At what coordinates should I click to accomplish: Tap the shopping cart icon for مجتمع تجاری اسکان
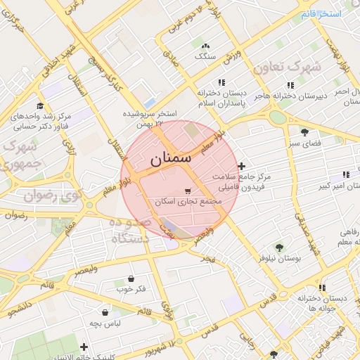click(187, 191)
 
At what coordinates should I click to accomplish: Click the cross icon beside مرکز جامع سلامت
click(242, 167)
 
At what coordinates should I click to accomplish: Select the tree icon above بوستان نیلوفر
click(279, 247)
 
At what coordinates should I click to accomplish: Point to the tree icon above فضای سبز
click(304, 131)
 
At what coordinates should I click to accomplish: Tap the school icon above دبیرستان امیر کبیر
click(345, 174)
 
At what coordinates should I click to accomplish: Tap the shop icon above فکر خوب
click(131, 278)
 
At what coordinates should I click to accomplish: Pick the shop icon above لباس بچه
click(105, 312)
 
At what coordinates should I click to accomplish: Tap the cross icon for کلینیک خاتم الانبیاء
click(84, 346)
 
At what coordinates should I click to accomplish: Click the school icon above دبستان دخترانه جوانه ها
click(322, 288)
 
